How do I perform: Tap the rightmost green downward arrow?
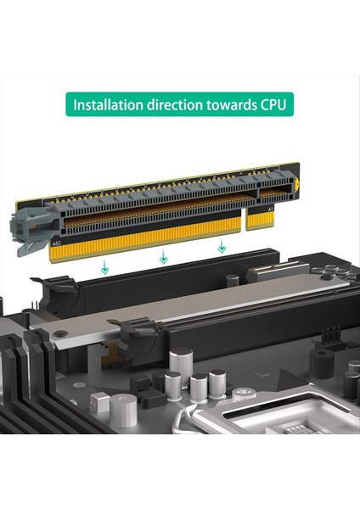tap(221, 246)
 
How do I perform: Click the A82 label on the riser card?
tap(56, 242)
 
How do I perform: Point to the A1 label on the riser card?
tap(270, 207)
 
